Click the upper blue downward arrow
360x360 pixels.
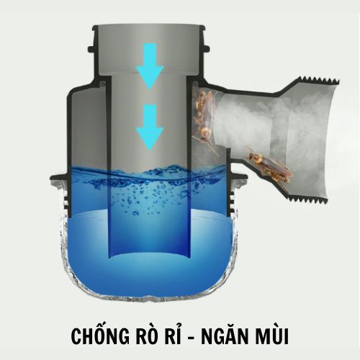click(150, 66)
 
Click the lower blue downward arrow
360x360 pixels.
click(150, 127)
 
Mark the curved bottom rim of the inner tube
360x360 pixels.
click(149, 255)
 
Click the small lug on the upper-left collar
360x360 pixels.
click(91, 50)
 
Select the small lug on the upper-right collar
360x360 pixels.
click(207, 49)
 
